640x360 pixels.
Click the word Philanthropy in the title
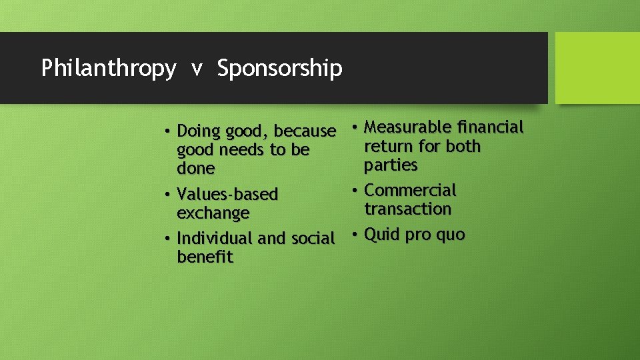[109, 68]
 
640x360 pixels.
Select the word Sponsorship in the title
[279, 68]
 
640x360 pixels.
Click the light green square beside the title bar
[597, 68]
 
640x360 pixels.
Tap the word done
[195, 169]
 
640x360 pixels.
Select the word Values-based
[227, 195]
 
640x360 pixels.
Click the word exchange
[213, 213]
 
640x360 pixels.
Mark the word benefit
[205, 257]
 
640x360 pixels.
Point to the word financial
[491, 127]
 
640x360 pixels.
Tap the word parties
[391, 165]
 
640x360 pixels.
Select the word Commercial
[410, 191]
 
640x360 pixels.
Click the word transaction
[407, 209]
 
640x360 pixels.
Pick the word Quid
[381, 235]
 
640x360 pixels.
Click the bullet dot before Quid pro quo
[355, 235]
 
